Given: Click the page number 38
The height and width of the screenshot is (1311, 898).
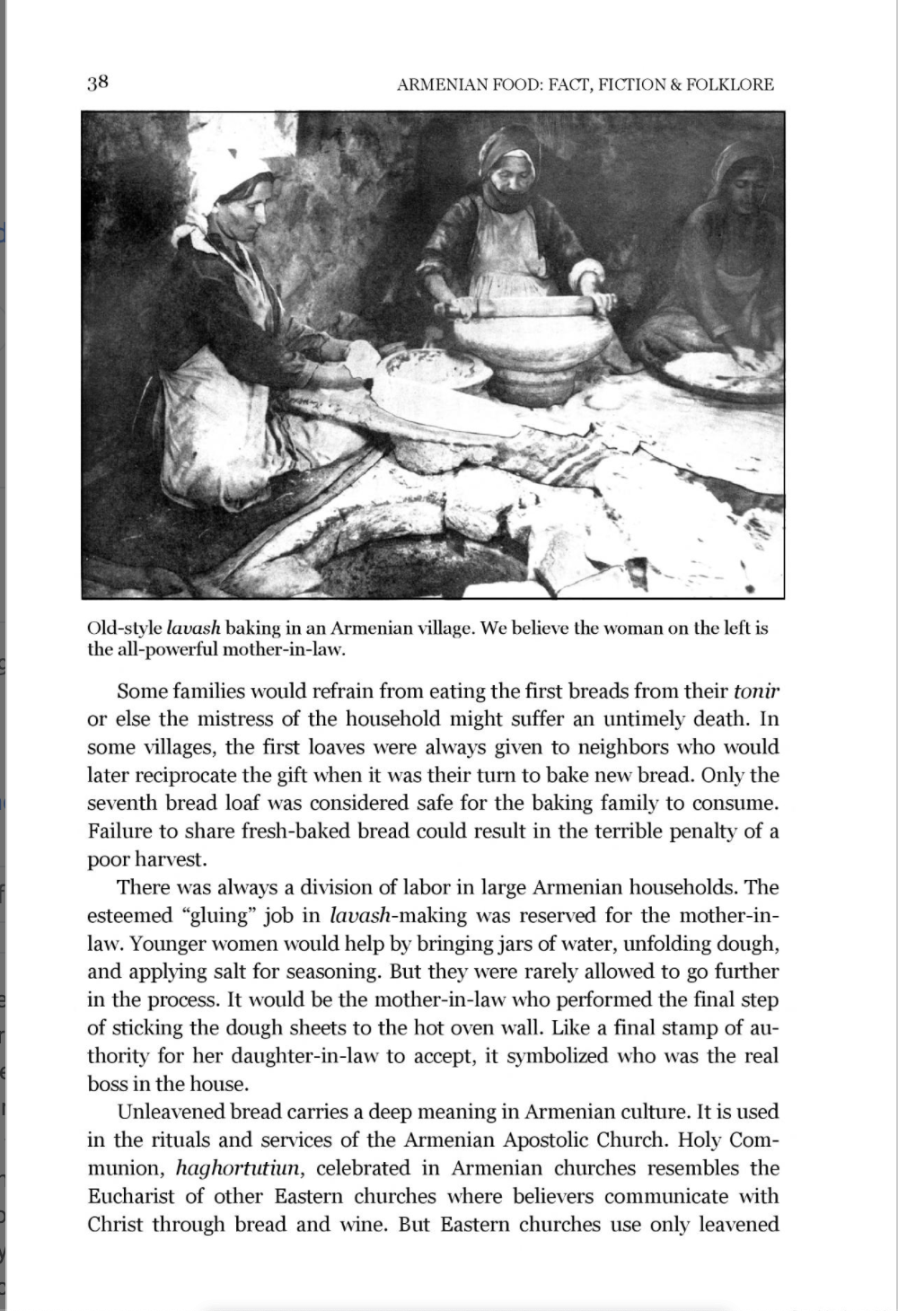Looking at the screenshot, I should pyautogui.click(x=98, y=84).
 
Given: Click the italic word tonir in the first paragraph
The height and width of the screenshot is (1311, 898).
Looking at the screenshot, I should pyautogui.click(x=756, y=691).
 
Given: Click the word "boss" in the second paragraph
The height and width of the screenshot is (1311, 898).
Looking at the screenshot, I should pyautogui.click(x=108, y=1084).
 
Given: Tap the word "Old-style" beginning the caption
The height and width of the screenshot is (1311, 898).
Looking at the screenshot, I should pyautogui.click(x=125, y=628).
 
